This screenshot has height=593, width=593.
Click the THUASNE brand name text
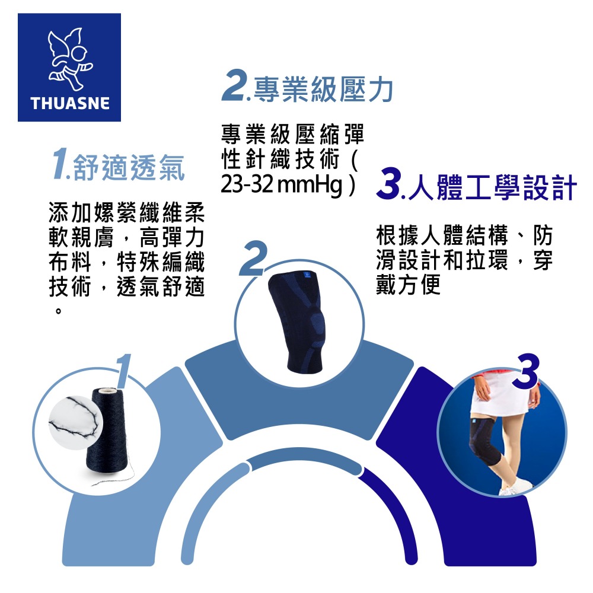(x=70, y=103)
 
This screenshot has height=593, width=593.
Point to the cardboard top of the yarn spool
(x=107, y=392)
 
